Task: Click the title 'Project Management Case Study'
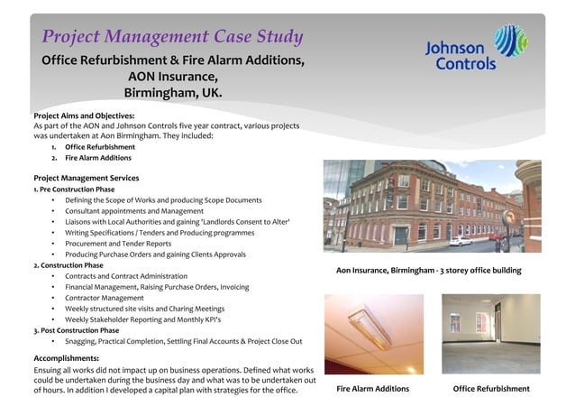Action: tap(172, 37)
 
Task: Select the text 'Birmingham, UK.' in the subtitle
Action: tap(172, 93)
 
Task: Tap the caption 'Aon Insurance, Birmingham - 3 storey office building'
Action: tap(428, 270)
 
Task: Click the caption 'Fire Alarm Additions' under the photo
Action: tap(372, 389)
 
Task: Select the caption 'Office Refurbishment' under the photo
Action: tap(491, 389)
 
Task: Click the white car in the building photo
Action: tap(461, 241)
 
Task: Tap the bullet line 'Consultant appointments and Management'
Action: tap(134, 210)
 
